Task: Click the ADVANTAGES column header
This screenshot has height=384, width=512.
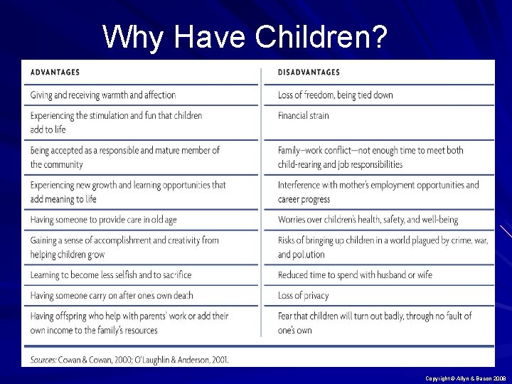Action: pos(55,72)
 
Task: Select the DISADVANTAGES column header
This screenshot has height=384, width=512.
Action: pos(309,72)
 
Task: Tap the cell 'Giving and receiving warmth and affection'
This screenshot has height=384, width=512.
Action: pos(103,95)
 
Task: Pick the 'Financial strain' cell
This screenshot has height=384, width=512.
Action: pos(304,115)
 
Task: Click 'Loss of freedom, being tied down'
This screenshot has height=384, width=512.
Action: pos(335,95)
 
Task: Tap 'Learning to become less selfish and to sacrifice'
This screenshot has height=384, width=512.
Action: pos(111,274)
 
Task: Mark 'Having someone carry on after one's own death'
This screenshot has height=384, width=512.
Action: pos(112,295)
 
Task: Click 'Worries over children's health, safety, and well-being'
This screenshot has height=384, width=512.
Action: pos(368,220)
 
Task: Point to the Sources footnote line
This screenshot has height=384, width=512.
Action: pos(129,360)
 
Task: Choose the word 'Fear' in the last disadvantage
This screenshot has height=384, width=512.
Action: pos(286,316)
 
